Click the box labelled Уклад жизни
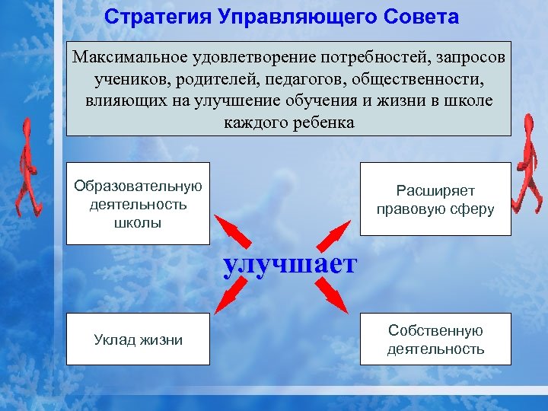[138, 340]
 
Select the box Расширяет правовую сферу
[435, 199]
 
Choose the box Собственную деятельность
[435, 340]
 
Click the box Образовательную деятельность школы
[138, 204]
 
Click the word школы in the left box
[138, 224]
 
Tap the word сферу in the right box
[472, 209]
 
